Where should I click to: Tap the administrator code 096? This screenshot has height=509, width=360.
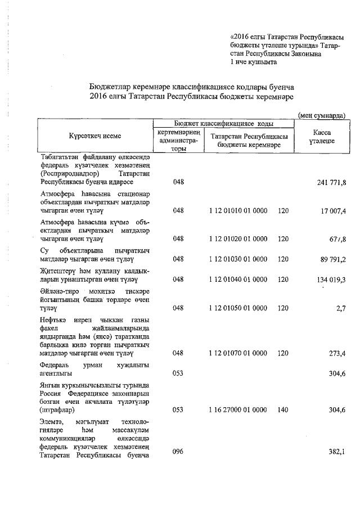[x=178, y=452]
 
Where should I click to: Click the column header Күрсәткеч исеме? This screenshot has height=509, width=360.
[x=95, y=136]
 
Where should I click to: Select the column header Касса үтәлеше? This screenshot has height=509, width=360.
[x=321, y=136]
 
